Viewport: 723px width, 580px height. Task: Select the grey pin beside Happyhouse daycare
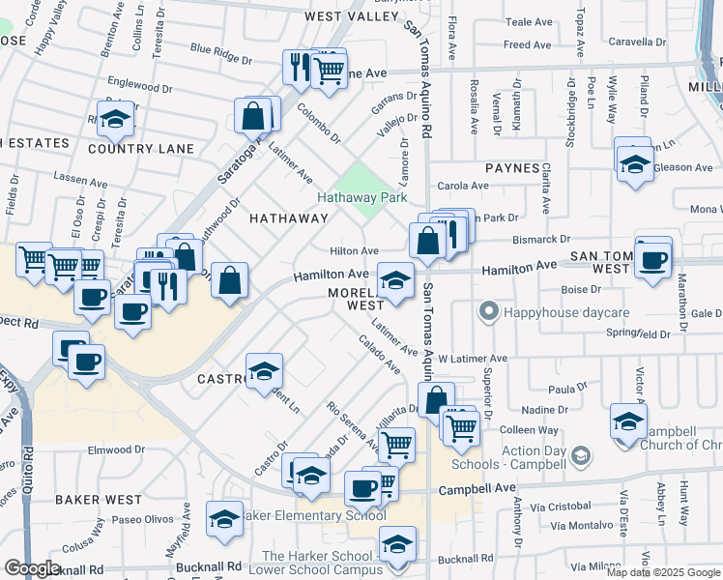pyautogui.click(x=488, y=312)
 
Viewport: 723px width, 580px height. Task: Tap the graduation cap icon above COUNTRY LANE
pyautogui.click(x=116, y=119)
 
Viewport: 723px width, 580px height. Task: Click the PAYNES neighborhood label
pyautogui.click(x=512, y=168)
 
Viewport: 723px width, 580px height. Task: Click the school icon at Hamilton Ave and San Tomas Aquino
pyautogui.click(x=395, y=280)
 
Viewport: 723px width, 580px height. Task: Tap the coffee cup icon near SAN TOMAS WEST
pyautogui.click(x=652, y=258)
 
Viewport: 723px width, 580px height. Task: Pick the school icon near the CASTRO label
pyautogui.click(x=263, y=371)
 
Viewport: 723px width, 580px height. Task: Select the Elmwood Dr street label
pyautogui.click(x=116, y=449)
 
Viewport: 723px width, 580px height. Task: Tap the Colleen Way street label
pyautogui.click(x=529, y=430)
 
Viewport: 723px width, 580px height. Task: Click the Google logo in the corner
pyautogui.click(x=32, y=568)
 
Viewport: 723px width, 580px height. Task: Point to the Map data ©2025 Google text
pyautogui.click(x=663, y=572)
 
